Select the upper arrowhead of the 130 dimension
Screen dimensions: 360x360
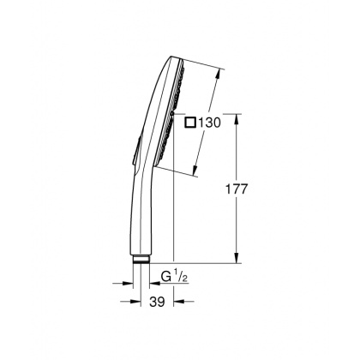pos(221,71)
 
